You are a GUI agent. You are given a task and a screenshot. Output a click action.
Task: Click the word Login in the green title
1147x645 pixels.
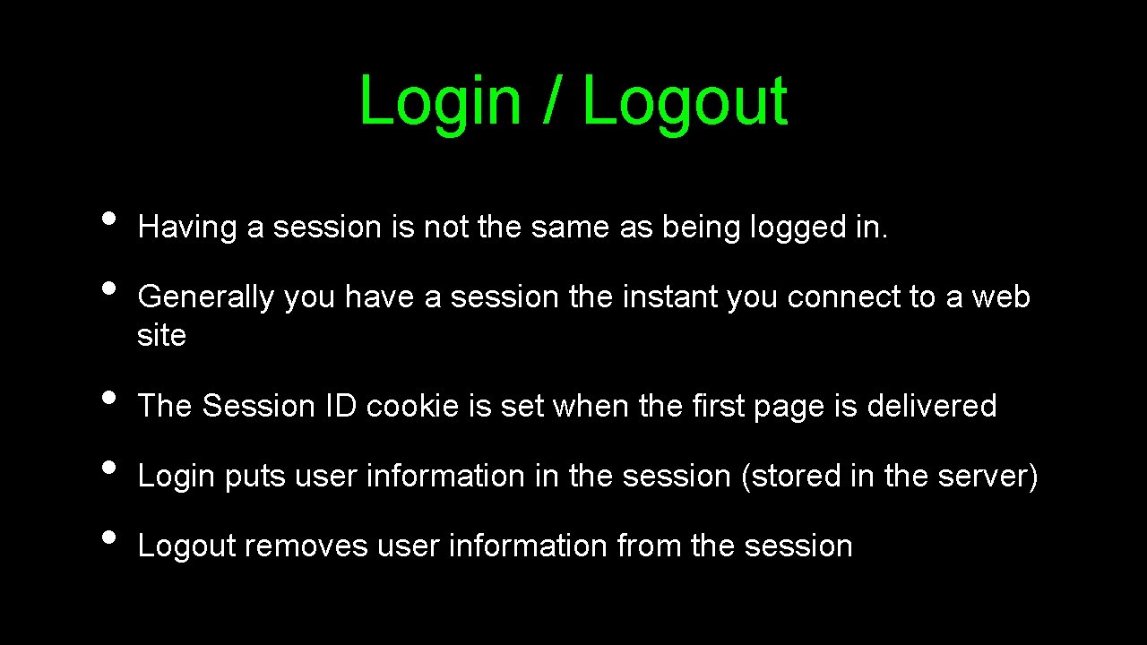439,101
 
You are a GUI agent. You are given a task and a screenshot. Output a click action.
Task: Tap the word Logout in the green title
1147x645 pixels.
685,101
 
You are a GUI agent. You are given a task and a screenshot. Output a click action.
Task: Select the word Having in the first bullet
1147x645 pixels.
187,228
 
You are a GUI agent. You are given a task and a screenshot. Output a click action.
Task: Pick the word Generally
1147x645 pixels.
205,297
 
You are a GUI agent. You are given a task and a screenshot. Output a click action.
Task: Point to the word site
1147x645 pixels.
161,336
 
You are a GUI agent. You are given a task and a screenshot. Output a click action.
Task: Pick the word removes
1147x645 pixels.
306,546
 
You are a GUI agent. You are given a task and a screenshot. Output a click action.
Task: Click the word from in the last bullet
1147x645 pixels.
650,546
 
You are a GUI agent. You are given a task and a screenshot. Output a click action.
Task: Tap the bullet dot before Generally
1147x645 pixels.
109,288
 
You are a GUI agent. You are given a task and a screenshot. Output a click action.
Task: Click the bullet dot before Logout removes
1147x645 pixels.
109,537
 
